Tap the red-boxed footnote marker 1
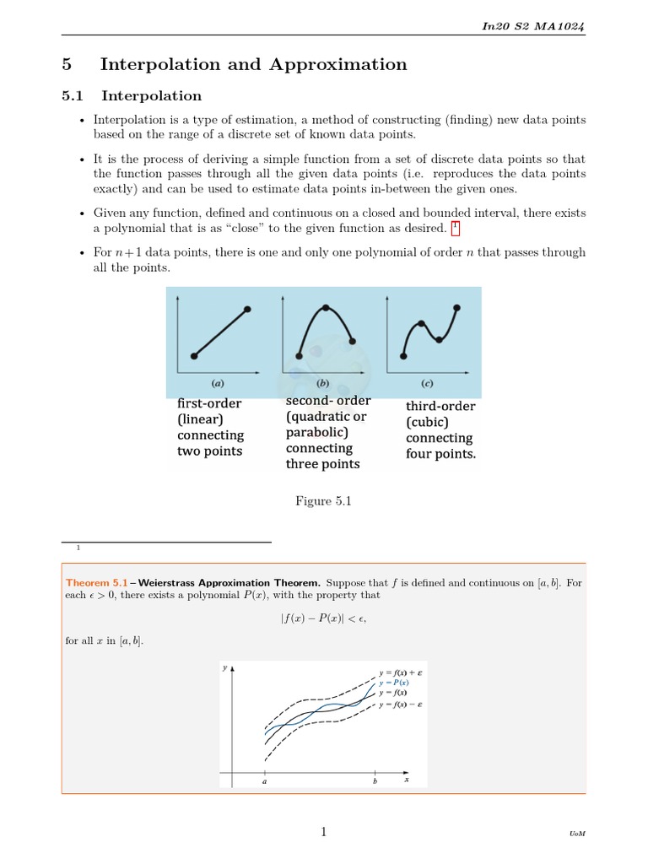(456, 228)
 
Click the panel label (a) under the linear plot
(218, 382)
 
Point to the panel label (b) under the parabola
(322, 382)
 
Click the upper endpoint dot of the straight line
(247, 310)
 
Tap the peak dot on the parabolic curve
(326, 307)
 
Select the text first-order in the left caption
(209, 403)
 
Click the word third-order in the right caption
(440, 407)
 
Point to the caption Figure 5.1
(323, 501)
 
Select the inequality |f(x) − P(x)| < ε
(323, 618)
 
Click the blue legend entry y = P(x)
(394, 682)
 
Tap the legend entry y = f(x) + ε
(401, 672)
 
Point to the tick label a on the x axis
(265, 781)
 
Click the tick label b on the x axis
(375, 781)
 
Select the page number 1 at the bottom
(323, 832)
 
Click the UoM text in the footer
(577, 834)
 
